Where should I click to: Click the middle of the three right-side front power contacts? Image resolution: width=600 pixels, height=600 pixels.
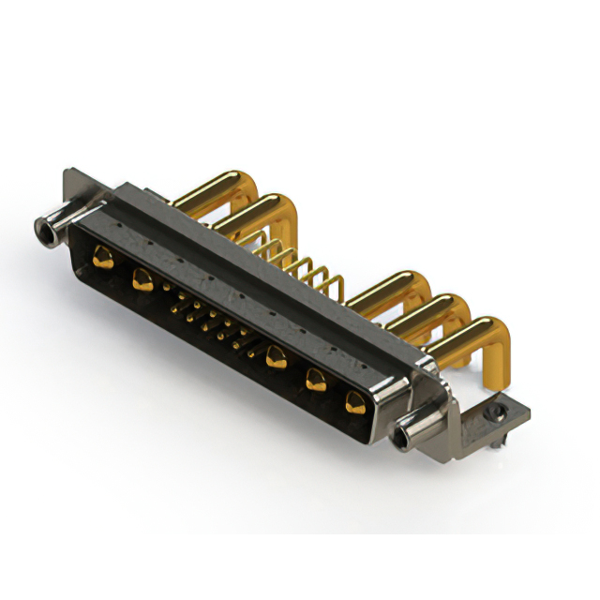point(316,380)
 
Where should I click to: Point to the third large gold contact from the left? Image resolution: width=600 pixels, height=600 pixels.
point(276,356)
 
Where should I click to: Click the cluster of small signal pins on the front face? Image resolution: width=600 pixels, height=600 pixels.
point(211,323)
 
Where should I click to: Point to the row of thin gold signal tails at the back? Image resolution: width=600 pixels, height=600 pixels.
point(300,262)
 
